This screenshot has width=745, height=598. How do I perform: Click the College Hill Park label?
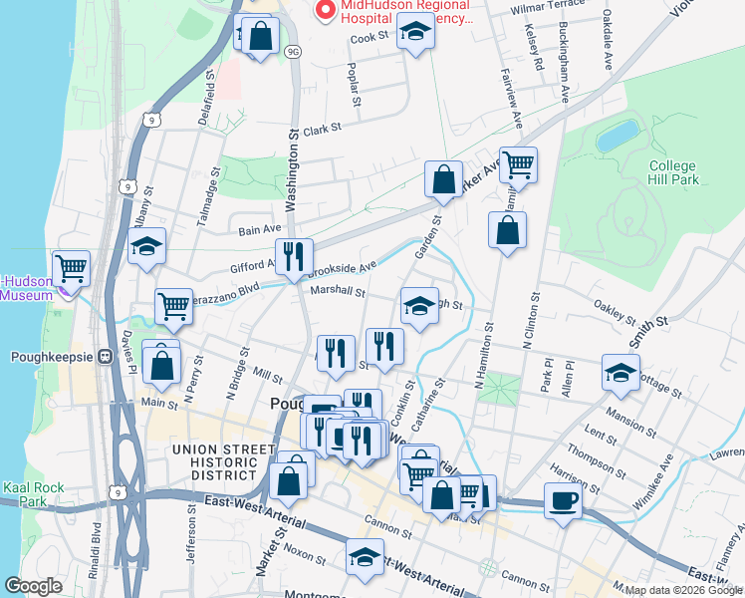coord(673,172)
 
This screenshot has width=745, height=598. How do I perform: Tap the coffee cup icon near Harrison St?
coord(563,500)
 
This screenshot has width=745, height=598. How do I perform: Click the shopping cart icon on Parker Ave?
coord(518,164)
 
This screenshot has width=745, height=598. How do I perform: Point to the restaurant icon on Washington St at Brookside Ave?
coord(294,256)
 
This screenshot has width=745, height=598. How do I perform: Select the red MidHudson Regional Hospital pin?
coord(325,10)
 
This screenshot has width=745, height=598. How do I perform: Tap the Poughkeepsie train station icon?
coord(104,357)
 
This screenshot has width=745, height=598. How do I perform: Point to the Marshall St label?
coord(338,292)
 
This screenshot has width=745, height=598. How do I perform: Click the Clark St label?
coord(322,129)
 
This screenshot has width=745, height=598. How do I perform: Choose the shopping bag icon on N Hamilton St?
coord(507,231)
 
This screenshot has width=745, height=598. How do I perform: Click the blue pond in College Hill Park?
coord(618,135)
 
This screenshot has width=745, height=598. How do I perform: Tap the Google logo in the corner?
coord(33,586)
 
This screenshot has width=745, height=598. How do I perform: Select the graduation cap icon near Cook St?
coord(415,35)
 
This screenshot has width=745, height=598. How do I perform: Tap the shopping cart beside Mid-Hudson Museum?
coord(72,267)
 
